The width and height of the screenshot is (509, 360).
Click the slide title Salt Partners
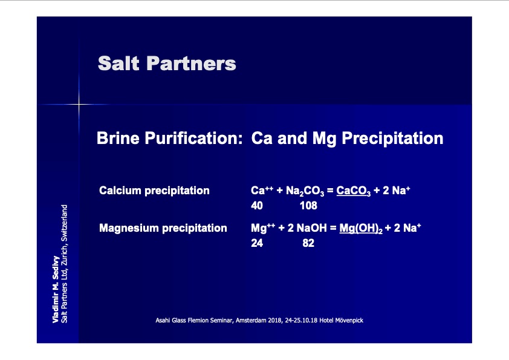[167, 63]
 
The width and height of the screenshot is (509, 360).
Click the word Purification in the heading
[194, 139]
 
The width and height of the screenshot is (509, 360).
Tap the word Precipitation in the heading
[392, 139]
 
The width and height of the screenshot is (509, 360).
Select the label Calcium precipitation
[154, 191]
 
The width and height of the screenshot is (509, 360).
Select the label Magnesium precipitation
[163, 227]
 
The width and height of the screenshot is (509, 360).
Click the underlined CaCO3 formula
[353, 191]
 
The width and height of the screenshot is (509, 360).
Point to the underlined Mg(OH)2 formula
[361, 228]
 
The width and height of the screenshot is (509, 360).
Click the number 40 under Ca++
[257, 206]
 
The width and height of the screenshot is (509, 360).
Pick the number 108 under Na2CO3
[308, 206]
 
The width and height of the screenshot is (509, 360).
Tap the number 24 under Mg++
[257, 243]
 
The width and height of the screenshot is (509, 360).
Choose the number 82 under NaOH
[308, 243]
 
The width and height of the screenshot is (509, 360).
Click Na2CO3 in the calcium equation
[305, 191]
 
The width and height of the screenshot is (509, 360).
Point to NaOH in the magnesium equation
[312, 227]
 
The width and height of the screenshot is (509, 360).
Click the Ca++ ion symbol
[262, 190]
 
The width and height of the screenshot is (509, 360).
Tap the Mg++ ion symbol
[263, 227]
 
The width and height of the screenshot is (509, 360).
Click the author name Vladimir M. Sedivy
[56, 289]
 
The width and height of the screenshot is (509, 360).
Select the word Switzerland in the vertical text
[64, 223]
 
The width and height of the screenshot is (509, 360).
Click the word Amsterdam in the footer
[251, 320]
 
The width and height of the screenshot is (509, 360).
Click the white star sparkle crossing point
[79, 104]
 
